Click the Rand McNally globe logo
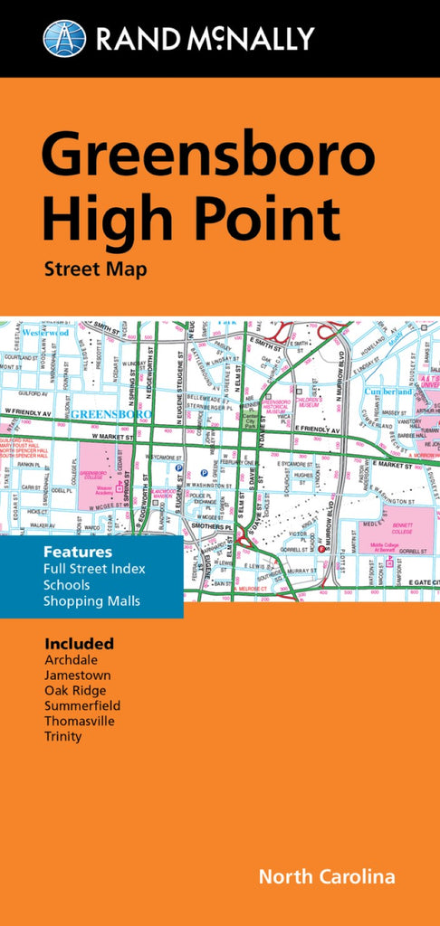[64, 38]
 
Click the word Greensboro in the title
[208, 156]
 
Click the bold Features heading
[77, 552]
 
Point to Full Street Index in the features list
[94, 569]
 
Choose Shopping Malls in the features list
[91, 601]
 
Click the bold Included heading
[79, 644]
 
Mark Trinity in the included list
[62, 737]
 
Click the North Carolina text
[327, 877]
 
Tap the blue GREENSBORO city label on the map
[110, 415]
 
